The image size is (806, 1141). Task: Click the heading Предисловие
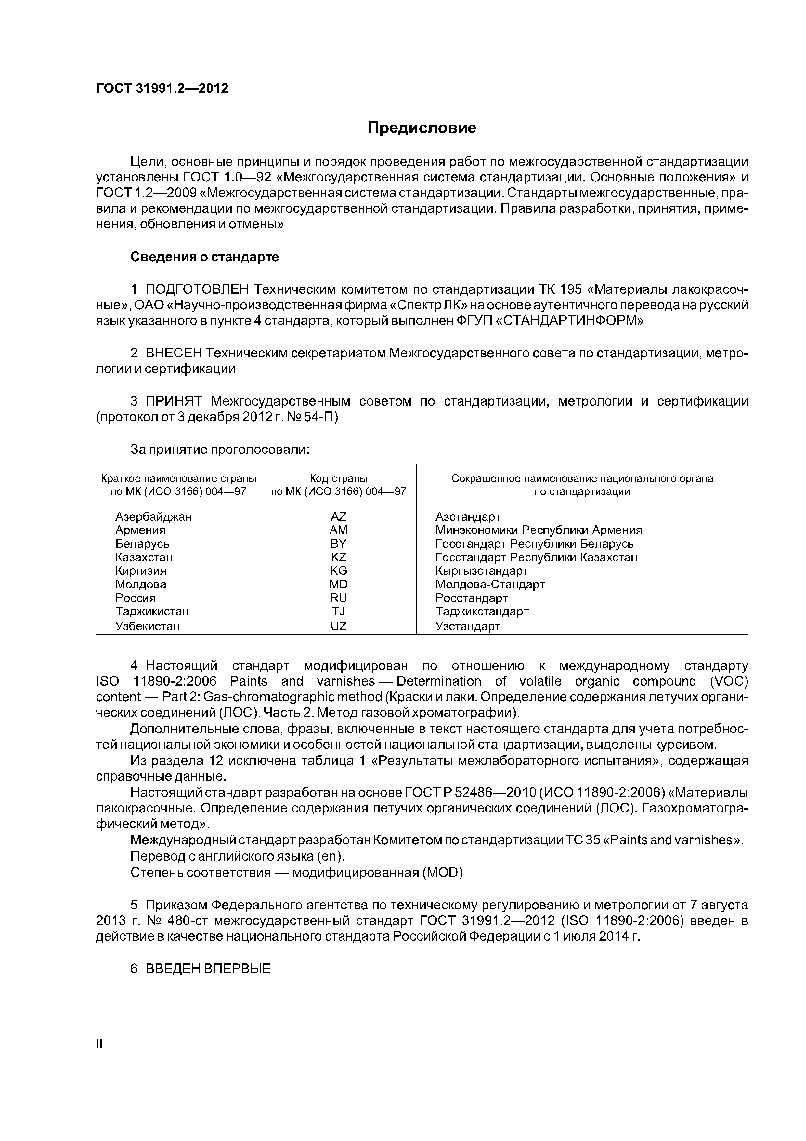[x=422, y=128]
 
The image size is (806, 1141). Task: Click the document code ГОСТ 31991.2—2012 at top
[x=162, y=88]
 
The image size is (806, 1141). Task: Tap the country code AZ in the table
[x=338, y=516]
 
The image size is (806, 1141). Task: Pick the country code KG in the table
[x=338, y=570]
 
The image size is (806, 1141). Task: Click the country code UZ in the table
[x=338, y=626]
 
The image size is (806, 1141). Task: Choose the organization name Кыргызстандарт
[x=482, y=570]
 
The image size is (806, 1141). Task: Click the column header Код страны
[x=338, y=478]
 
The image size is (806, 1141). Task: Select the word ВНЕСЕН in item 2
[x=174, y=353]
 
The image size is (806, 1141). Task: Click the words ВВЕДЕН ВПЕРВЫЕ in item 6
[x=208, y=969]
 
